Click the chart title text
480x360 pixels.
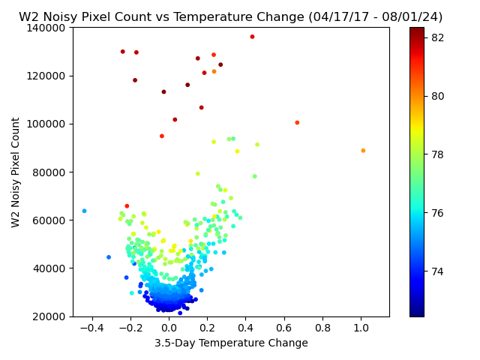point(230,16)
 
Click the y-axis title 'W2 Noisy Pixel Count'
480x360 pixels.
point(15,172)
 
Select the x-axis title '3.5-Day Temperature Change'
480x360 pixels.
point(231,343)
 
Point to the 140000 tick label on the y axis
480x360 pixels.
point(46,28)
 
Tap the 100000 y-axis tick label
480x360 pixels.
point(46,124)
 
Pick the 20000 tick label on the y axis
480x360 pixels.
point(49,316)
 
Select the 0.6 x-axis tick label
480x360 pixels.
point(284,328)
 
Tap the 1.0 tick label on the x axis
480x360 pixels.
point(361,328)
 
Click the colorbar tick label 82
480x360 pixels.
point(437,37)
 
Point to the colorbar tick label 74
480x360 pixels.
point(437,271)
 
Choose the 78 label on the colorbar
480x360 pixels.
point(437,154)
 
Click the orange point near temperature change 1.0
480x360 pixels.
point(363,151)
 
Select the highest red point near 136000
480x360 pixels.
point(252,37)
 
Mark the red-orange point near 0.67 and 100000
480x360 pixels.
point(297,123)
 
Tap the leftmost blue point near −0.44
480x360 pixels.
point(85,211)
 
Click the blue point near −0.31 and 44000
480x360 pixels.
point(109,257)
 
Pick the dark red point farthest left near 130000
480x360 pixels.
point(123,52)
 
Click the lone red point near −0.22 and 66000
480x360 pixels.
point(127,206)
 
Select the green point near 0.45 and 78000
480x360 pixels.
point(255,176)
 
